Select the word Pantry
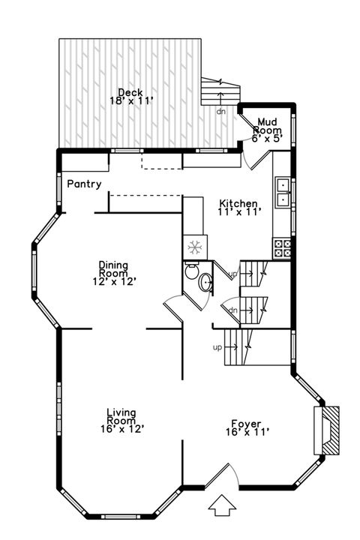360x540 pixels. (84, 184)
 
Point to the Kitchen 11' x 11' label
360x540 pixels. (239, 208)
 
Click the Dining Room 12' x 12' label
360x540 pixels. (114, 273)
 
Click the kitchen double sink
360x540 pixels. (283, 192)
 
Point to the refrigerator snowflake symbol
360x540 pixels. (193, 247)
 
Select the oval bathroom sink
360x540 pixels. (205, 283)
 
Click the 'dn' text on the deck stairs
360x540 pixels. (220, 111)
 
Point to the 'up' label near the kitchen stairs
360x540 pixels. (233, 274)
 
